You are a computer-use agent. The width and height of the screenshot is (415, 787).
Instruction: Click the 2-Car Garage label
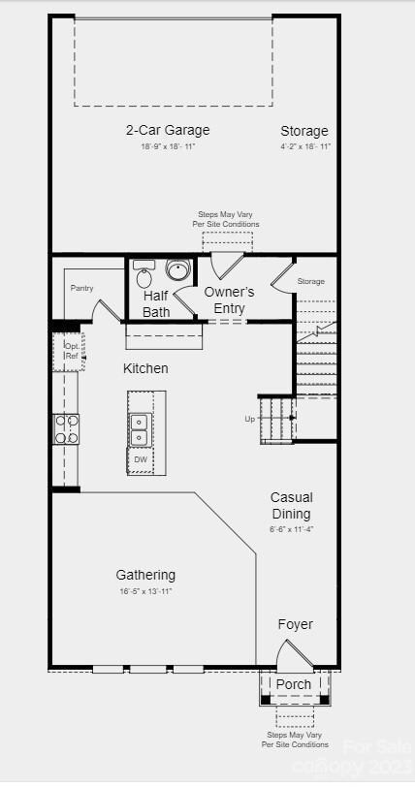167,130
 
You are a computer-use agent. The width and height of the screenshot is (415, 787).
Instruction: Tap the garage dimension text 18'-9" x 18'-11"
167,147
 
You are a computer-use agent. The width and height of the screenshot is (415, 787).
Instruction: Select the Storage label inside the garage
304,131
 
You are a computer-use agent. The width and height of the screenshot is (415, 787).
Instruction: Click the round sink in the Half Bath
177,269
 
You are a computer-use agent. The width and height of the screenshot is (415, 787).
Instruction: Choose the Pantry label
81,288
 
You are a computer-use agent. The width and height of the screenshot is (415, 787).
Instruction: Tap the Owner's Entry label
229,300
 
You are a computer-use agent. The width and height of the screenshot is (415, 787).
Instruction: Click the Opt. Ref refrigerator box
71,351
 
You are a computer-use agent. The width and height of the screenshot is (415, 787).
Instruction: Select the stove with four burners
66,428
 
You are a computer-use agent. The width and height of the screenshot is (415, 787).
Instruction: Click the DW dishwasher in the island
141,459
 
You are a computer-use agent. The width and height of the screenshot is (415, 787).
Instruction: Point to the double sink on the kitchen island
140,429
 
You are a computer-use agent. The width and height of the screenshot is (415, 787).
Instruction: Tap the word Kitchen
145,368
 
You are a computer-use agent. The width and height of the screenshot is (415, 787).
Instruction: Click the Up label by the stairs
249,419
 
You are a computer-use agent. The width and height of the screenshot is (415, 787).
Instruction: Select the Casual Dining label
291,505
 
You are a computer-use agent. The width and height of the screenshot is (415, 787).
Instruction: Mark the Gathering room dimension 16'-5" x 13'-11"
145,591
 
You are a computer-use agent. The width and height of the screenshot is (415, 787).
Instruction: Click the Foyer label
295,624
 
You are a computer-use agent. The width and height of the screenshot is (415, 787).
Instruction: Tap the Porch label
294,684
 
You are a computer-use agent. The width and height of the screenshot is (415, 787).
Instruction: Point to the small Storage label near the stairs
310,281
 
